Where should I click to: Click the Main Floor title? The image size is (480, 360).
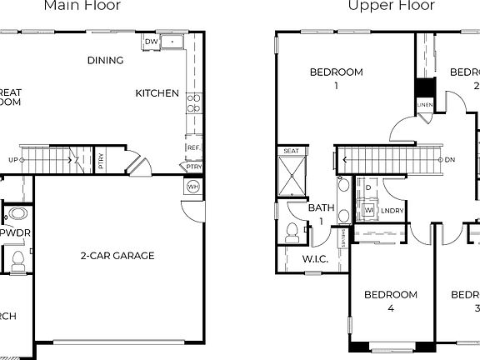82,6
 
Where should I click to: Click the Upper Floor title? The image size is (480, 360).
392,6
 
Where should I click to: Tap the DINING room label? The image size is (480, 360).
105,60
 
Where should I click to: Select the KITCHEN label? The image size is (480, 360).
157,93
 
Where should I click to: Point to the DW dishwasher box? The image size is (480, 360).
151,42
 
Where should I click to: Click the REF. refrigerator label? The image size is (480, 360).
192,148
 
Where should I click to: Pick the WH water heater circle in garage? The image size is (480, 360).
193,187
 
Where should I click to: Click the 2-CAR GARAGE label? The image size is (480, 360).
117,256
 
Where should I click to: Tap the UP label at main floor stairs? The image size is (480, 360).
13,158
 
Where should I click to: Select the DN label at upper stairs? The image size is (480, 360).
450,159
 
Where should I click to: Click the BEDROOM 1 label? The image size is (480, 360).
336,78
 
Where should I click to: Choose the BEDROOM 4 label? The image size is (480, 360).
391,301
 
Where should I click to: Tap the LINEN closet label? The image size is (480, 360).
425,105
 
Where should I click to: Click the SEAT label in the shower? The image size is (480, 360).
291,151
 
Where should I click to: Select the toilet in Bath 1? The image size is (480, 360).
292,232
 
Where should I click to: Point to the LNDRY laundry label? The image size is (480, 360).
392,212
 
